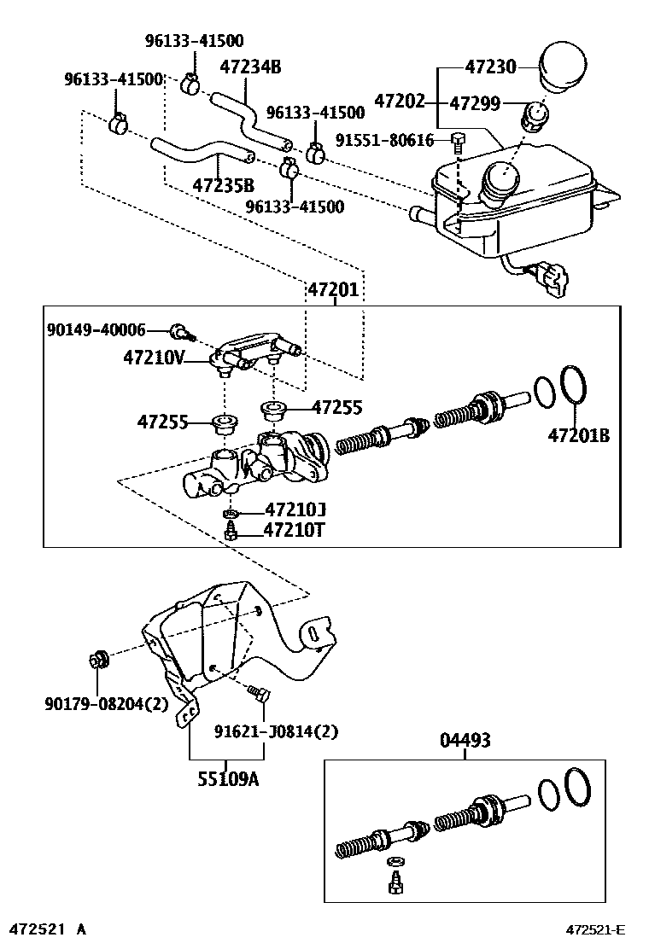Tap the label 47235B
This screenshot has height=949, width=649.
point(223,185)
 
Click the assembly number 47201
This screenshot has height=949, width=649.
point(333,290)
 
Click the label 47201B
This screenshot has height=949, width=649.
point(579,435)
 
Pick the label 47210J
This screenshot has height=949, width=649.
point(295,510)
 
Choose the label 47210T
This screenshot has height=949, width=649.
point(295,531)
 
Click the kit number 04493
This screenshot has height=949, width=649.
point(465,741)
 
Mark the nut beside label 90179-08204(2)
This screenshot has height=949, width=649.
point(97,660)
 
